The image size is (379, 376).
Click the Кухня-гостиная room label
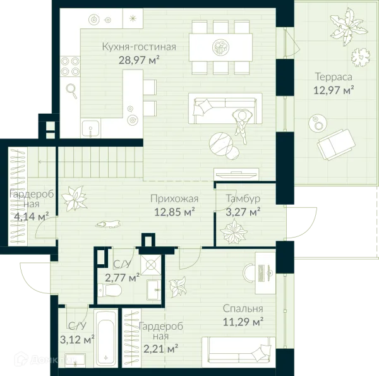139,47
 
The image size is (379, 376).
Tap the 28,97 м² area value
139,60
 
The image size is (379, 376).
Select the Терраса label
334,77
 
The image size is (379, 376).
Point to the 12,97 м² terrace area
334,90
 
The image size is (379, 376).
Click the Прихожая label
174,199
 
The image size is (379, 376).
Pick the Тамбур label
243,198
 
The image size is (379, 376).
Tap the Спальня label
243,308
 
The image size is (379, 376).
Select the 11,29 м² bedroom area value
243,322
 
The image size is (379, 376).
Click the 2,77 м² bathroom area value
122,277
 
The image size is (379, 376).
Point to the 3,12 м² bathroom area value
77,339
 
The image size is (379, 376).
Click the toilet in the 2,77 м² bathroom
110,290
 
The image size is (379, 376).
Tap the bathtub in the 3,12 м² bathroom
105,339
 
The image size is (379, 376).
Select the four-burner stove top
70,66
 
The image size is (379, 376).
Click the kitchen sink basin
90,128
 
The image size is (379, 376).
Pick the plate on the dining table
220,47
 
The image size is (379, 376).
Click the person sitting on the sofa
242,126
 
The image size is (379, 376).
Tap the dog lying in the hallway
108,224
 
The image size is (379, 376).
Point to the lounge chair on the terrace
336,144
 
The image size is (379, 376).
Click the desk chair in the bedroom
250,273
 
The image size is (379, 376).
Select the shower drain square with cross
151,265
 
